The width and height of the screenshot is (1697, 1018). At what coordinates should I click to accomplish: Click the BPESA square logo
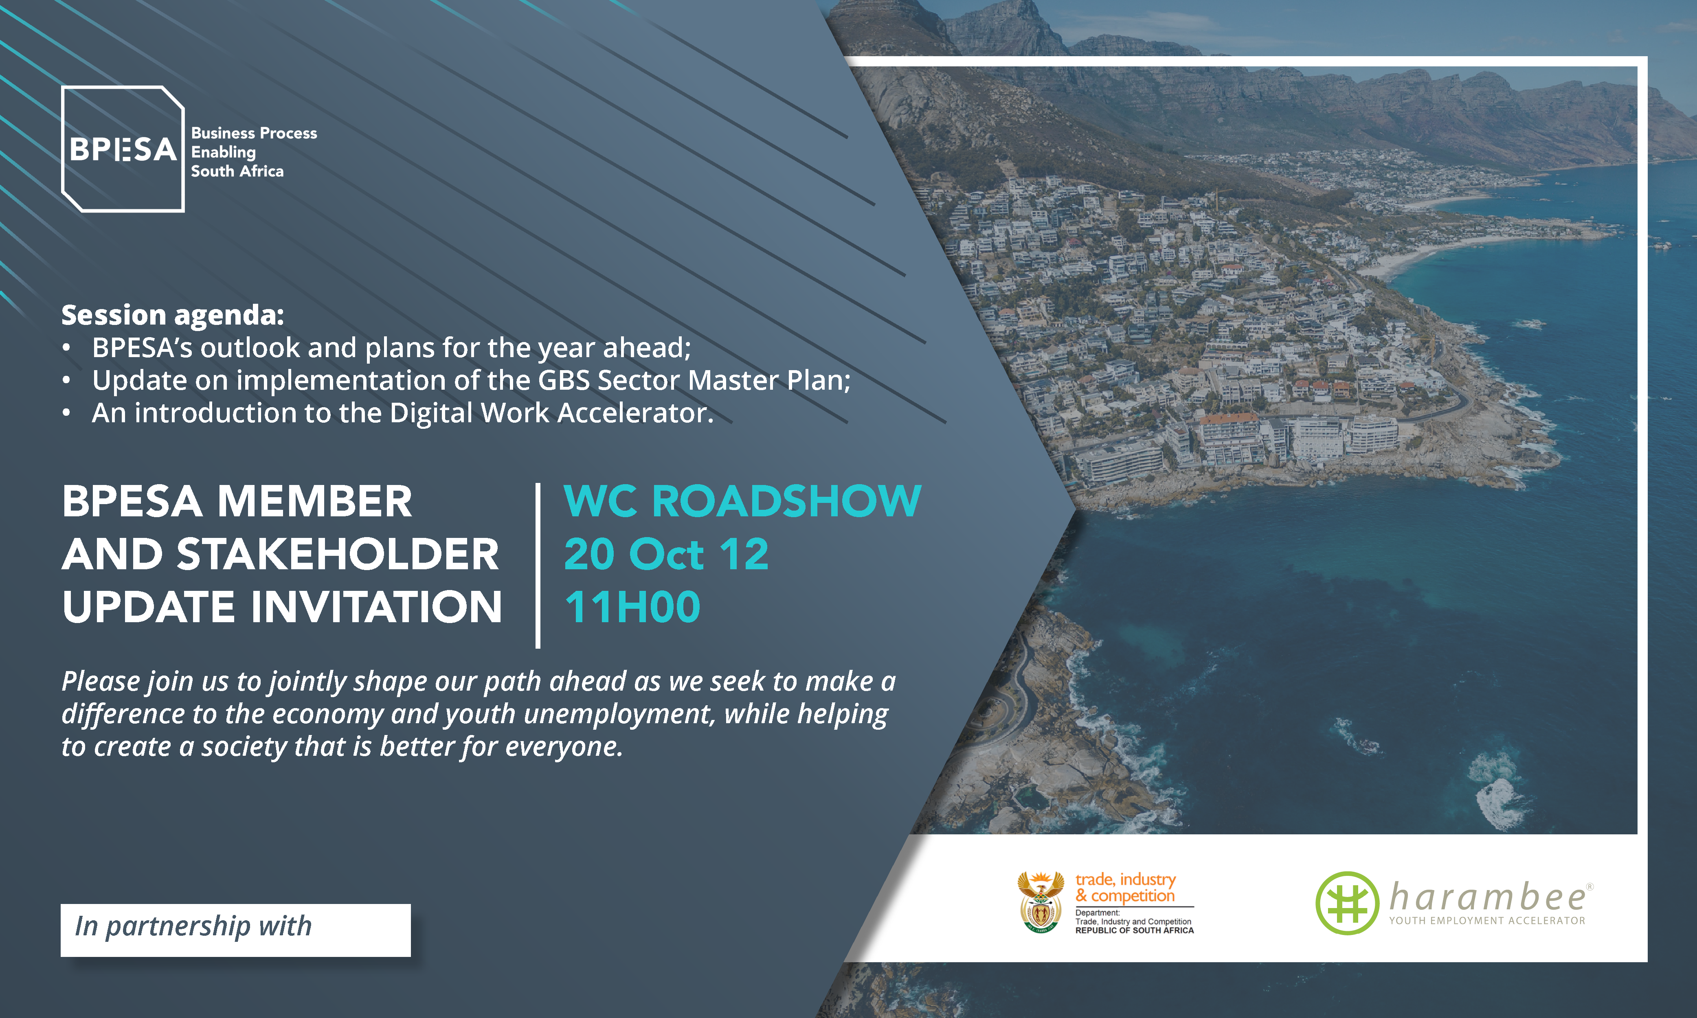(x=123, y=149)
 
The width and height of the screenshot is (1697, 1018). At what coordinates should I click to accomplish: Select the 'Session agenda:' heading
(x=172, y=315)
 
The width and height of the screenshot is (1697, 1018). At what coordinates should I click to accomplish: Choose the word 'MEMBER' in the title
(x=315, y=501)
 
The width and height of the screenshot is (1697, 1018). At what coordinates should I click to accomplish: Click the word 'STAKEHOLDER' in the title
(x=338, y=554)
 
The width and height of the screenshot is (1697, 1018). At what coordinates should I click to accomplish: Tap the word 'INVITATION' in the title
(x=377, y=607)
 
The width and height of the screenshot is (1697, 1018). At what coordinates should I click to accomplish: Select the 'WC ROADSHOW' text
(x=742, y=501)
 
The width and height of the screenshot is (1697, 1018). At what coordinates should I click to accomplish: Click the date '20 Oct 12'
(x=666, y=554)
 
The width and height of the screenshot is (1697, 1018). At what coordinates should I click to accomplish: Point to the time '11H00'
(x=632, y=607)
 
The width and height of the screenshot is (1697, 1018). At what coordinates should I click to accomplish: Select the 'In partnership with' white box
(x=235, y=930)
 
